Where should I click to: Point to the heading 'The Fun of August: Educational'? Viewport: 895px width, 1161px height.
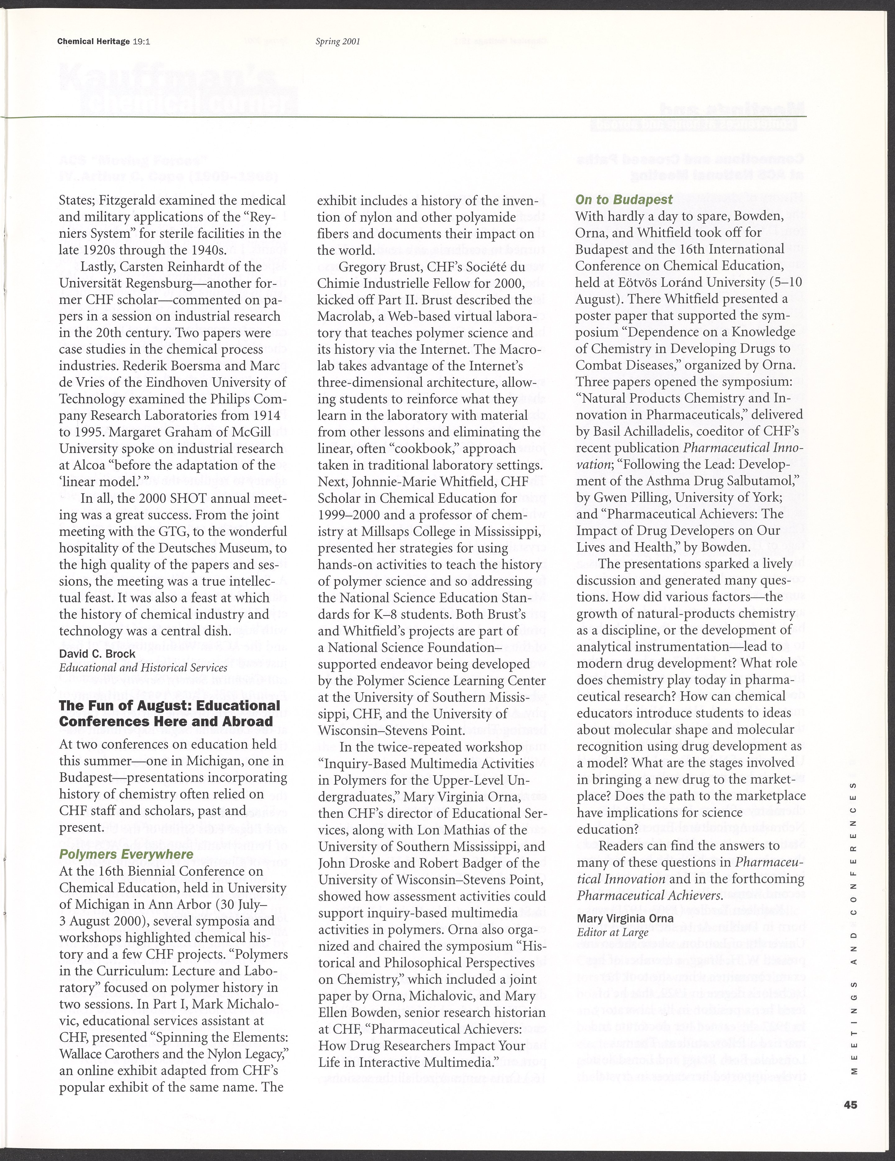169,705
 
